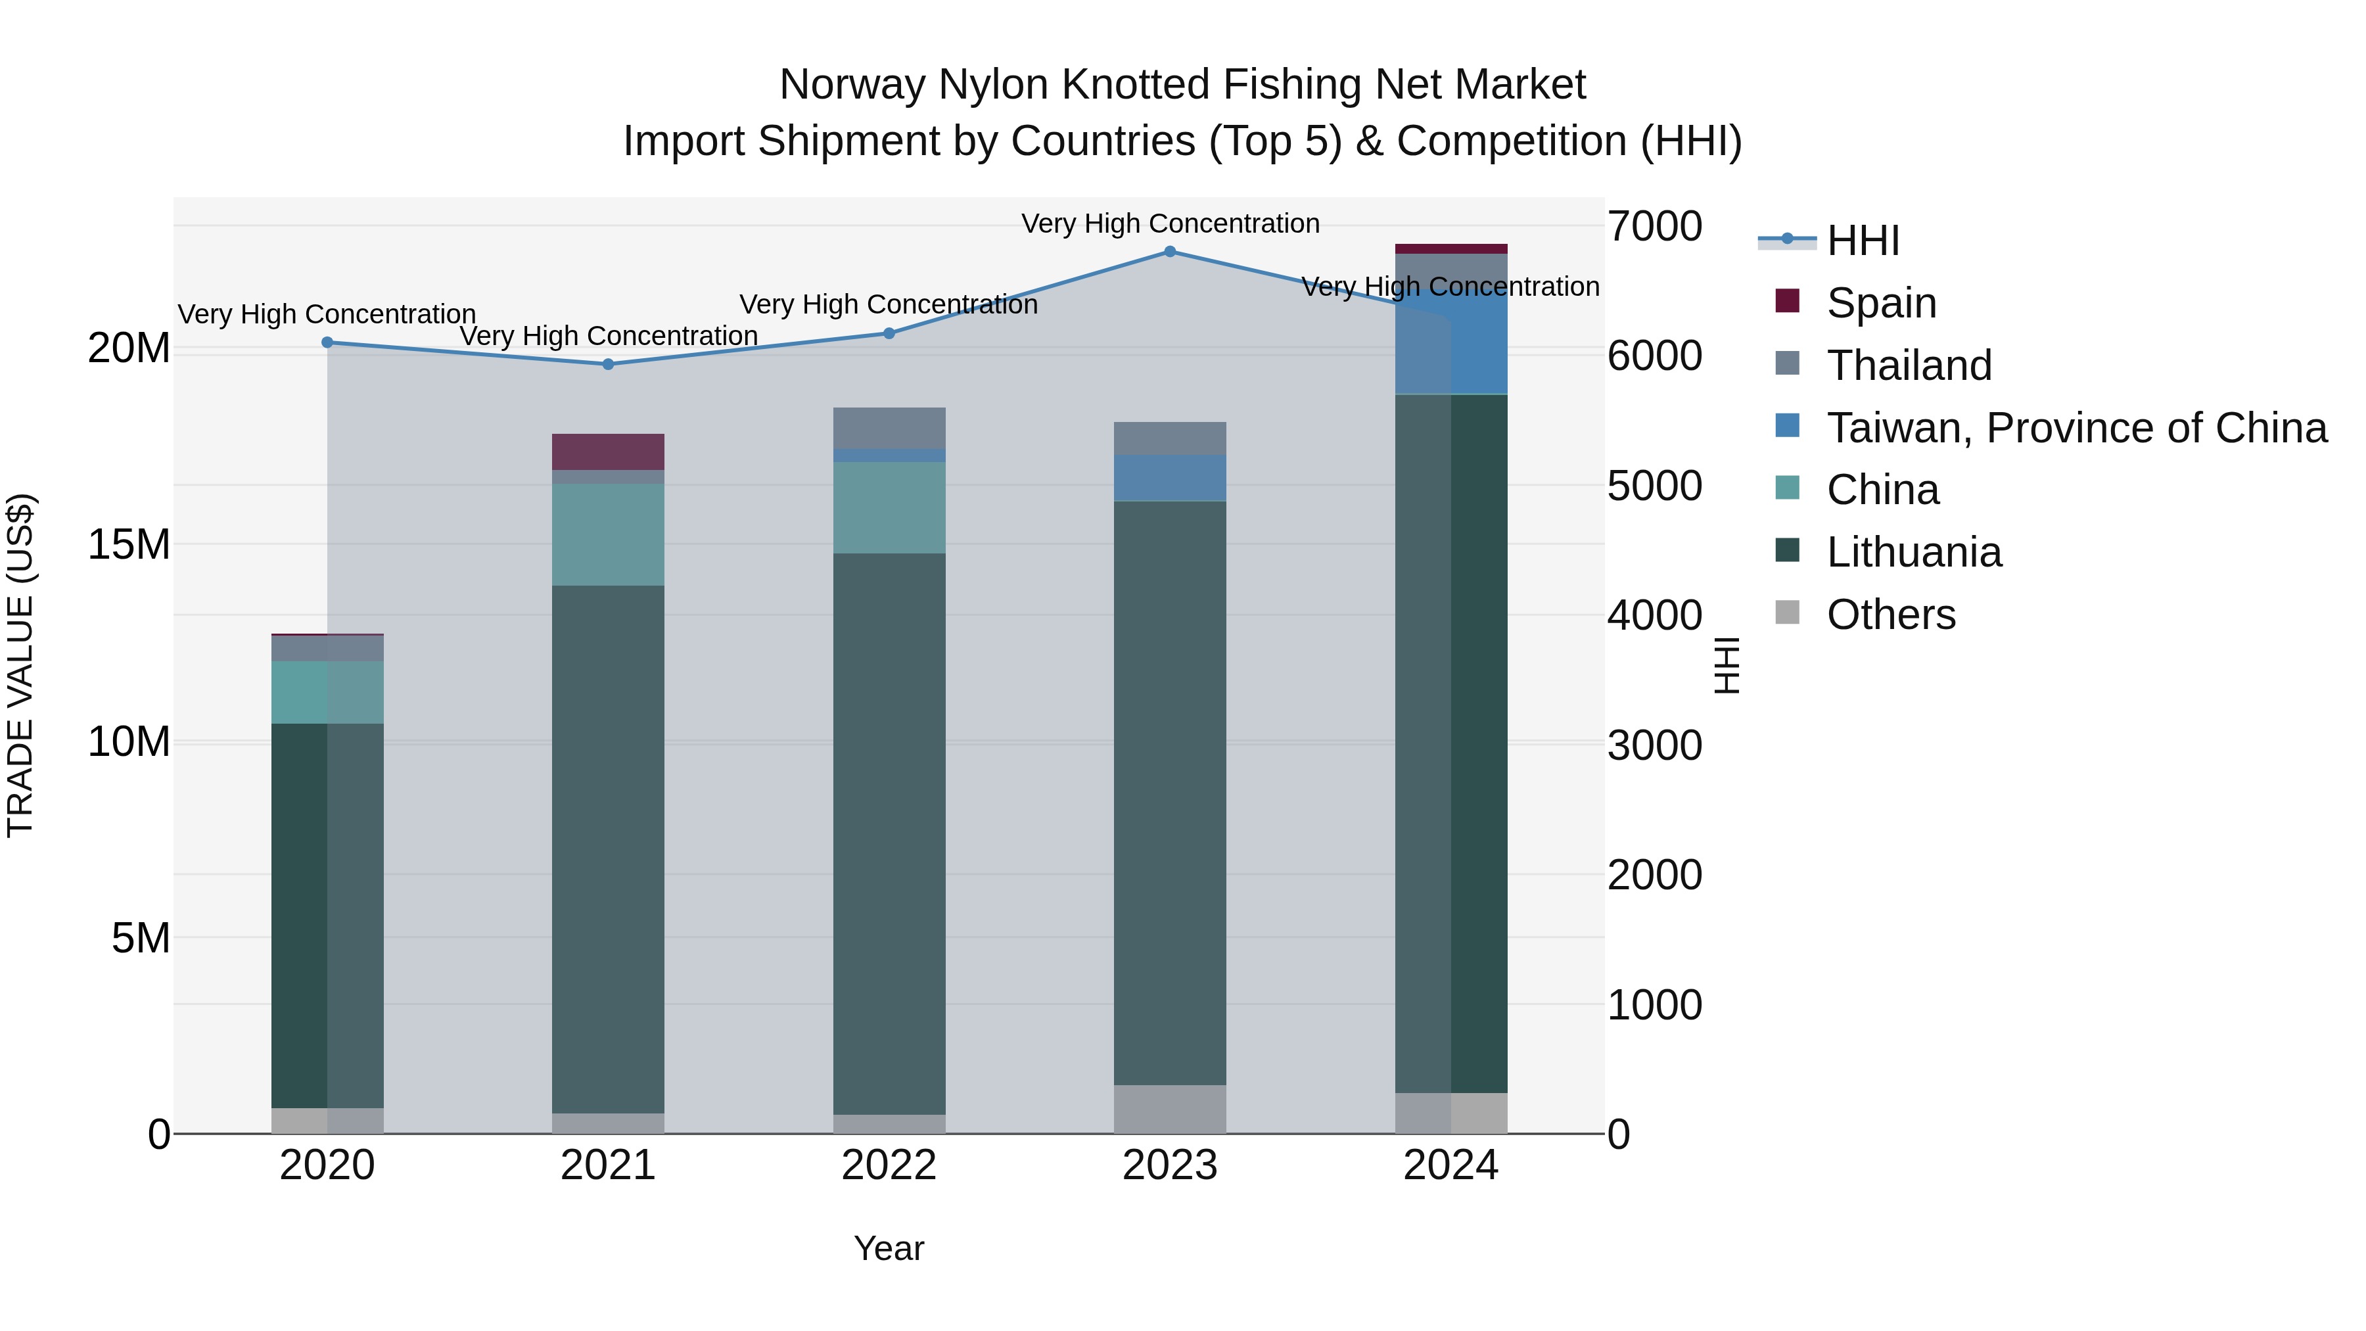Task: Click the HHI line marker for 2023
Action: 1169,251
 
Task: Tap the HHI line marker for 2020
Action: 327,342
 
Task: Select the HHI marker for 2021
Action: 608,363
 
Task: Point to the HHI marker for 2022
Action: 889,333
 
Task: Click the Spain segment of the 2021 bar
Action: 608,451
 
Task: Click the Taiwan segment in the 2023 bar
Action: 1169,478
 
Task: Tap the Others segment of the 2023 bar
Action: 1169,1109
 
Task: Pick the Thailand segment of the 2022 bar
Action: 889,427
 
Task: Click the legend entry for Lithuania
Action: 1913,552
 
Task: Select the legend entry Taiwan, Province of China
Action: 2076,428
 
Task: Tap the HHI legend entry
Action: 1863,241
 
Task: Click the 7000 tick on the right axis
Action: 1654,226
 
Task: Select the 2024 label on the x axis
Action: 1450,1165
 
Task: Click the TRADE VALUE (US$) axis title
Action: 20,665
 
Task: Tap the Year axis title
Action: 888,1248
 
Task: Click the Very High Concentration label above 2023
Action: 1169,223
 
